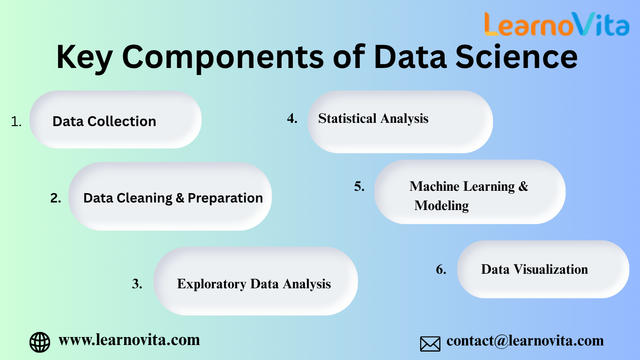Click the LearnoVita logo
[x=557, y=24]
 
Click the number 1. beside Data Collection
[x=16, y=121]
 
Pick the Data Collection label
[x=104, y=121]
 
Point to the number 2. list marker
[x=56, y=198]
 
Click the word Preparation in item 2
[x=225, y=198]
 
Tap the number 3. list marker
[x=137, y=284]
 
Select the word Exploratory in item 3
[x=212, y=285]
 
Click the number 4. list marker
[x=292, y=119]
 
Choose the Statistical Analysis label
[x=373, y=119]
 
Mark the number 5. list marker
[x=359, y=187]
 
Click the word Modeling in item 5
[x=441, y=206]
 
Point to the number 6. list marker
[x=441, y=270]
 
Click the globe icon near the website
[x=40, y=342]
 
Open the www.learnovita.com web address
[x=129, y=340]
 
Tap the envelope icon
[x=430, y=344]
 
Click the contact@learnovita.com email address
[x=525, y=341]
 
